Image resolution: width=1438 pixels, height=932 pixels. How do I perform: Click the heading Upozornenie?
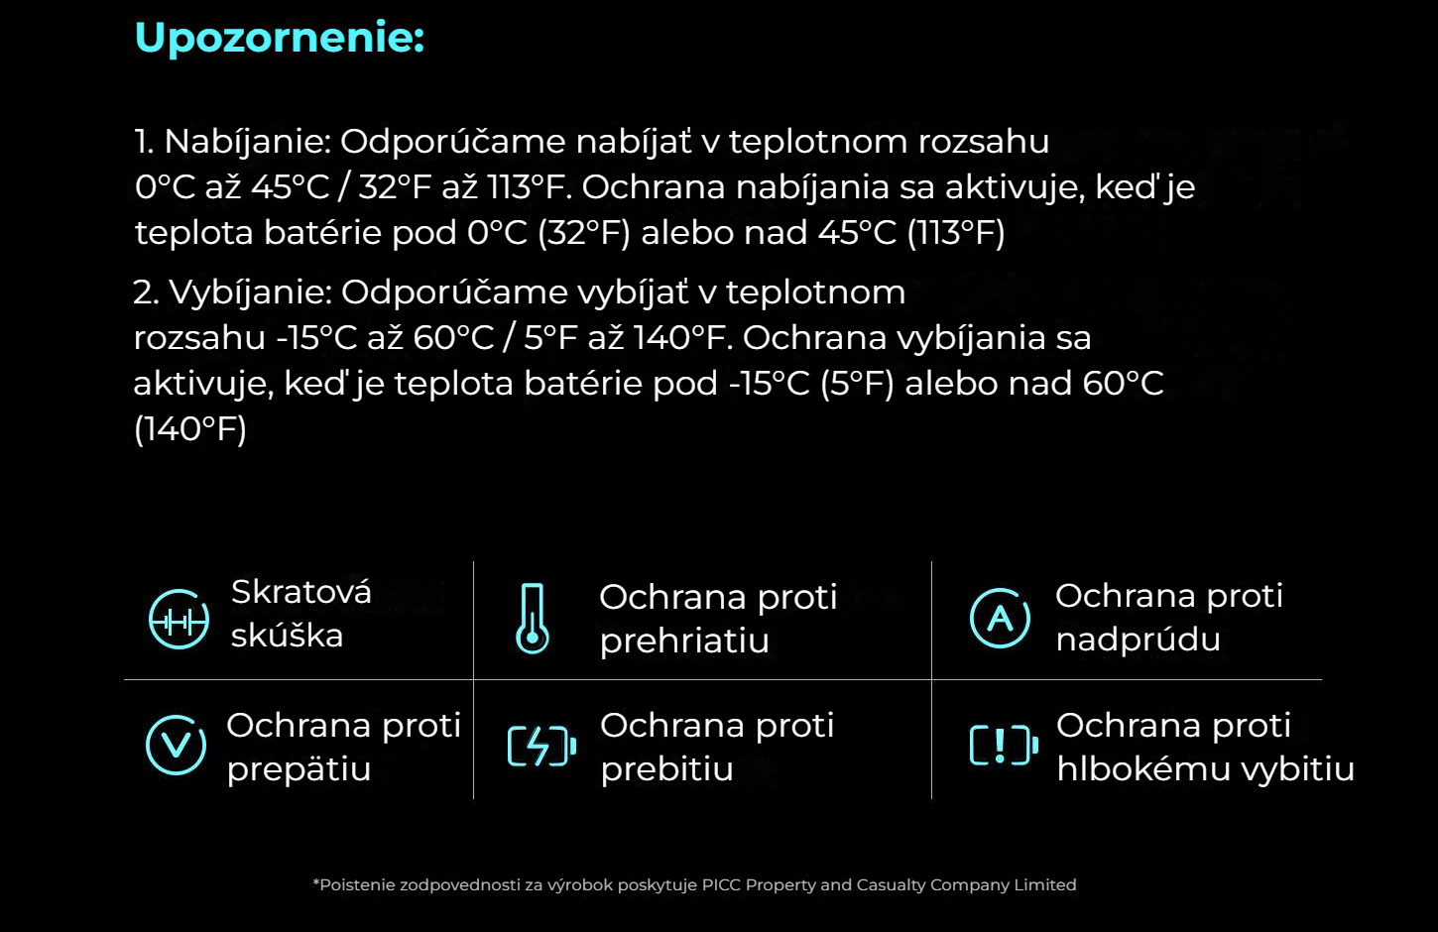[280, 39]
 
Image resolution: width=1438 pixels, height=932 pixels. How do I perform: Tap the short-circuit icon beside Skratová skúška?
[179, 620]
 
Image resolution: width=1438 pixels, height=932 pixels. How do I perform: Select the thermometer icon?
[533, 619]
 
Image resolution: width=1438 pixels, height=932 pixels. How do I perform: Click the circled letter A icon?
[1000, 618]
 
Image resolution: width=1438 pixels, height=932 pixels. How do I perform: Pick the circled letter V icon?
[176, 746]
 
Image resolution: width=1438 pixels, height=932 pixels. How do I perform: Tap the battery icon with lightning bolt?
[541, 746]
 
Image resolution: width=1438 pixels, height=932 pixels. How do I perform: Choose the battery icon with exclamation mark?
[1004, 746]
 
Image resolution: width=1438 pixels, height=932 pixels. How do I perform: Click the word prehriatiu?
[684, 641]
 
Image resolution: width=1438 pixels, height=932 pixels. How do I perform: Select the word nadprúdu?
[1138, 640]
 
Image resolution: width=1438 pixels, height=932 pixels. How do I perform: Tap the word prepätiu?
[300, 769]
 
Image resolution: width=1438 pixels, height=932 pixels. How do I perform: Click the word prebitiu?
[667, 768]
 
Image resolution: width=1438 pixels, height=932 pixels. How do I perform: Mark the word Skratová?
[301, 591]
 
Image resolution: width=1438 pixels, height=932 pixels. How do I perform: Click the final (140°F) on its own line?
[190, 429]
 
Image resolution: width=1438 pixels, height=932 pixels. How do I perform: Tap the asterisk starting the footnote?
[315, 882]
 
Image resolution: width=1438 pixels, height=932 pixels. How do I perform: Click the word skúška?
[287, 636]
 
